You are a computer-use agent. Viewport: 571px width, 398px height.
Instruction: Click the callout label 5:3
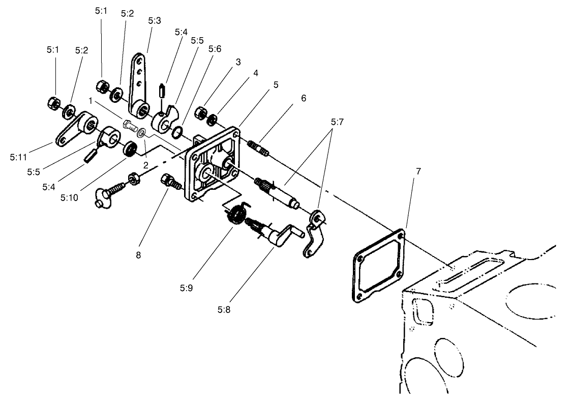[x=154, y=21]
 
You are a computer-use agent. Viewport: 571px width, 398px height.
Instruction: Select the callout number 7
[x=418, y=172]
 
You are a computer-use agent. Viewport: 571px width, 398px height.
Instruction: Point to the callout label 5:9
[x=186, y=288]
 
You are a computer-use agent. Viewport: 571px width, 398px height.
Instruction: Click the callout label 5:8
[x=226, y=308]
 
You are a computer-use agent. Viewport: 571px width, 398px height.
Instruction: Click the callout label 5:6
[x=215, y=49]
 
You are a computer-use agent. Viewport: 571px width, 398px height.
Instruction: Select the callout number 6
[x=303, y=98]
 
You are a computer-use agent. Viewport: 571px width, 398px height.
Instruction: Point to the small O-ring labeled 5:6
[x=177, y=133]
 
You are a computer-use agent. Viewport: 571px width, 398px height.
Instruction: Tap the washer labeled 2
[x=142, y=133]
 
